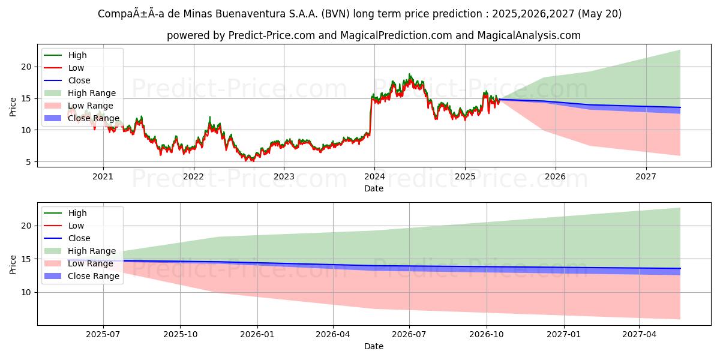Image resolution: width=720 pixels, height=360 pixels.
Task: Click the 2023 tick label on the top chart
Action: coord(284,176)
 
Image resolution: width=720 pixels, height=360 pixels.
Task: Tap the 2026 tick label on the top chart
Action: coord(556,176)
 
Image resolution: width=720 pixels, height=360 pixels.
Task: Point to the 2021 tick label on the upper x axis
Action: coord(103,176)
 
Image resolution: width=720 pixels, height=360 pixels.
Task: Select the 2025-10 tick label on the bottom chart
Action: coord(180,334)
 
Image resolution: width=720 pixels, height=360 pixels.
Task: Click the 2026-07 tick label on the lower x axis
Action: coord(409,334)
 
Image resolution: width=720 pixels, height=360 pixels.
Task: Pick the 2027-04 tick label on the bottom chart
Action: coord(640,334)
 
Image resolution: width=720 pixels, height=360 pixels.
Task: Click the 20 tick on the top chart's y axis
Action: coord(26,67)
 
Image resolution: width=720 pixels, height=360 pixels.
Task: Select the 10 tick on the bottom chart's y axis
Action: coord(26,292)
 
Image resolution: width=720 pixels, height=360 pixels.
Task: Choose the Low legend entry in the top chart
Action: coord(76,68)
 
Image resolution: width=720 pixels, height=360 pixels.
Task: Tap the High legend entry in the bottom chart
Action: coord(77,213)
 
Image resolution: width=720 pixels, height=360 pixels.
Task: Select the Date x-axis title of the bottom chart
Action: coord(374,346)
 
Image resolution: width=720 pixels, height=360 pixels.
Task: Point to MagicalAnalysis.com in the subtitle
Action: coord(529,35)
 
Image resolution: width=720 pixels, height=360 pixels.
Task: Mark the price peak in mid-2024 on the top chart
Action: coord(410,74)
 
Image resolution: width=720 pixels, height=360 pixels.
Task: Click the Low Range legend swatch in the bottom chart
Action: coord(53,263)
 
